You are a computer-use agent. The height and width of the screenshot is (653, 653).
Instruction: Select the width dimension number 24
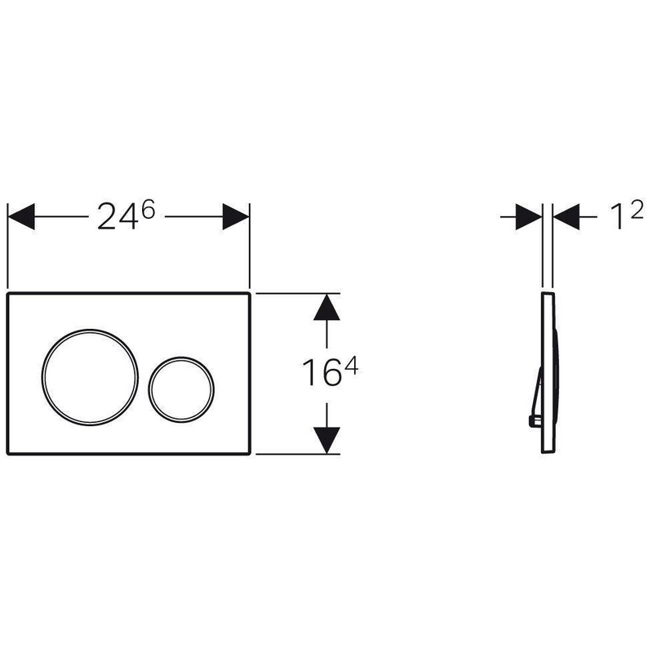(118, 216)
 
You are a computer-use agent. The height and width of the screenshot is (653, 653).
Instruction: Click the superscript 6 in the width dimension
(149, 209)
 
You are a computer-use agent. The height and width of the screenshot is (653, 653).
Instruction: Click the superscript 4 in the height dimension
(352, 366)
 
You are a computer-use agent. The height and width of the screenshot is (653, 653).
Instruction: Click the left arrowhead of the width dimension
(21, 216)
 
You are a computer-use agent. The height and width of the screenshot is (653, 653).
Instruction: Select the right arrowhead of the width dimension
(236, 216)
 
